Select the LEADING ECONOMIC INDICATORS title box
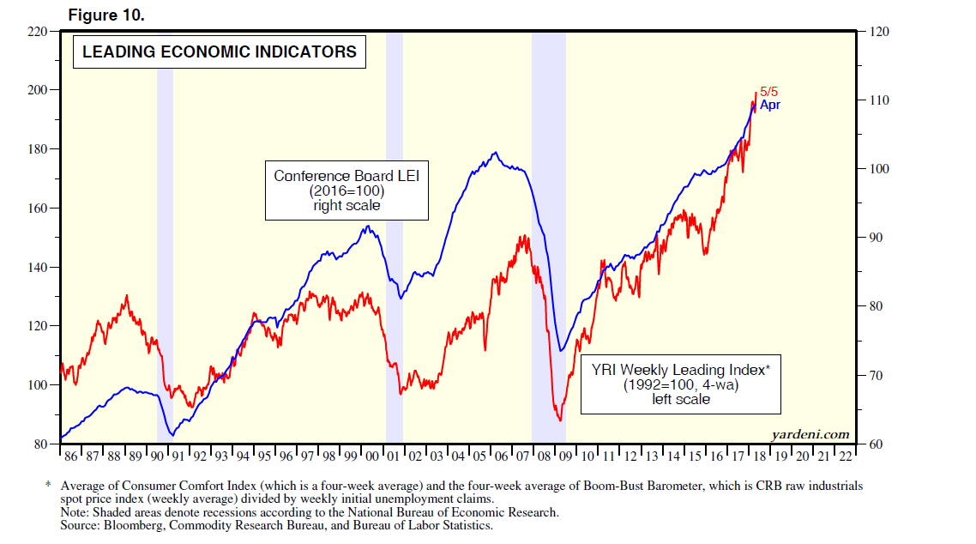[x=220, y=52]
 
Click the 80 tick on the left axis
[x=41, y=444]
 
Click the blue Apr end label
[x=770, y=106]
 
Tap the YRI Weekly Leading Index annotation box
[x=681, y=384]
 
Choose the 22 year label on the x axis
[x=845, y=456]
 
